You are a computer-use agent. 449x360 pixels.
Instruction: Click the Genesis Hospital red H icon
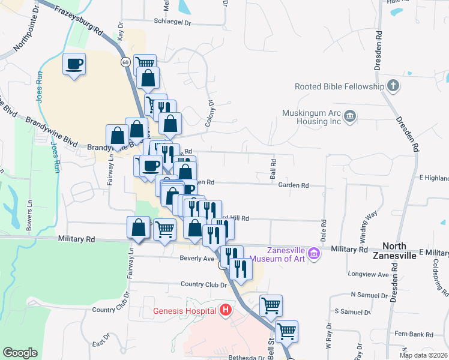pos(226,310)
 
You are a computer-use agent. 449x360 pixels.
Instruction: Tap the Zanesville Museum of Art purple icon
pos(313,255)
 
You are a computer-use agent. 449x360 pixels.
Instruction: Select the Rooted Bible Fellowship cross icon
pos(393,85)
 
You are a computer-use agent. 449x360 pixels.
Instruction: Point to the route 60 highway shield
pos(124,62)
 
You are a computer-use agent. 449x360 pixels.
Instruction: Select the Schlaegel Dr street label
pos(172,23)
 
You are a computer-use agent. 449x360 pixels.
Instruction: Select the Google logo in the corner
pos(20,353)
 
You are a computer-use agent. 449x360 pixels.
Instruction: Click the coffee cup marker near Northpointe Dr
pos(74,64)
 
